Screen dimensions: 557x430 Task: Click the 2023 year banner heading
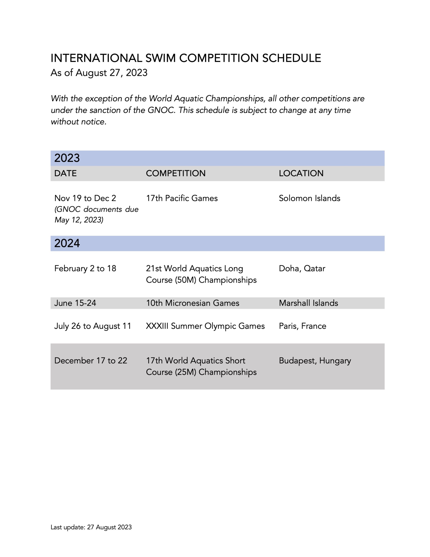(x=67, y=158)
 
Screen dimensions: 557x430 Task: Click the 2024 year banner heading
(x=67, y=243)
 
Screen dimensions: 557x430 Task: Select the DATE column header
(x=65, y=173)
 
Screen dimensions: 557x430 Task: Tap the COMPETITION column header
(x=176, y=173)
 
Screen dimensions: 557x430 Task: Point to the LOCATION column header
(x=301, y=173)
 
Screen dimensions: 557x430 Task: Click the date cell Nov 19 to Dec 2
(x=85, y=198)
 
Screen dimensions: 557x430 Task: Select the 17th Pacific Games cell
(x=182, y=198)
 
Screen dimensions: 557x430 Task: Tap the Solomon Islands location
(x=309, y=198)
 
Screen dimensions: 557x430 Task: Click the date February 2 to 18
(x=85, y=268)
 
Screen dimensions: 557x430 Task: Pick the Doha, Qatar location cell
(x=302, y=268)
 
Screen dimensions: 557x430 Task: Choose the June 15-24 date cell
(x=75, y=303)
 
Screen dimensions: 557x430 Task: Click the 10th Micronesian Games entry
(x=192, y=303)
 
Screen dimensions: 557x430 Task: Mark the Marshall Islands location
(x=308, y=303)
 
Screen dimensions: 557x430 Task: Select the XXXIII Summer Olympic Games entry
(x=205, y=326)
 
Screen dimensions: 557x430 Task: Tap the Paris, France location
(x=303, y=326)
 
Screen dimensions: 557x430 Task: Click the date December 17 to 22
(x=91, y=361)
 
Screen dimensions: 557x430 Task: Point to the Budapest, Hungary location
(x=315, y=361)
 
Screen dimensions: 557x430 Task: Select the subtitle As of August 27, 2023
(x=99, y=73)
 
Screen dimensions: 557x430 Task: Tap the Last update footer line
(x=91, y=527)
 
